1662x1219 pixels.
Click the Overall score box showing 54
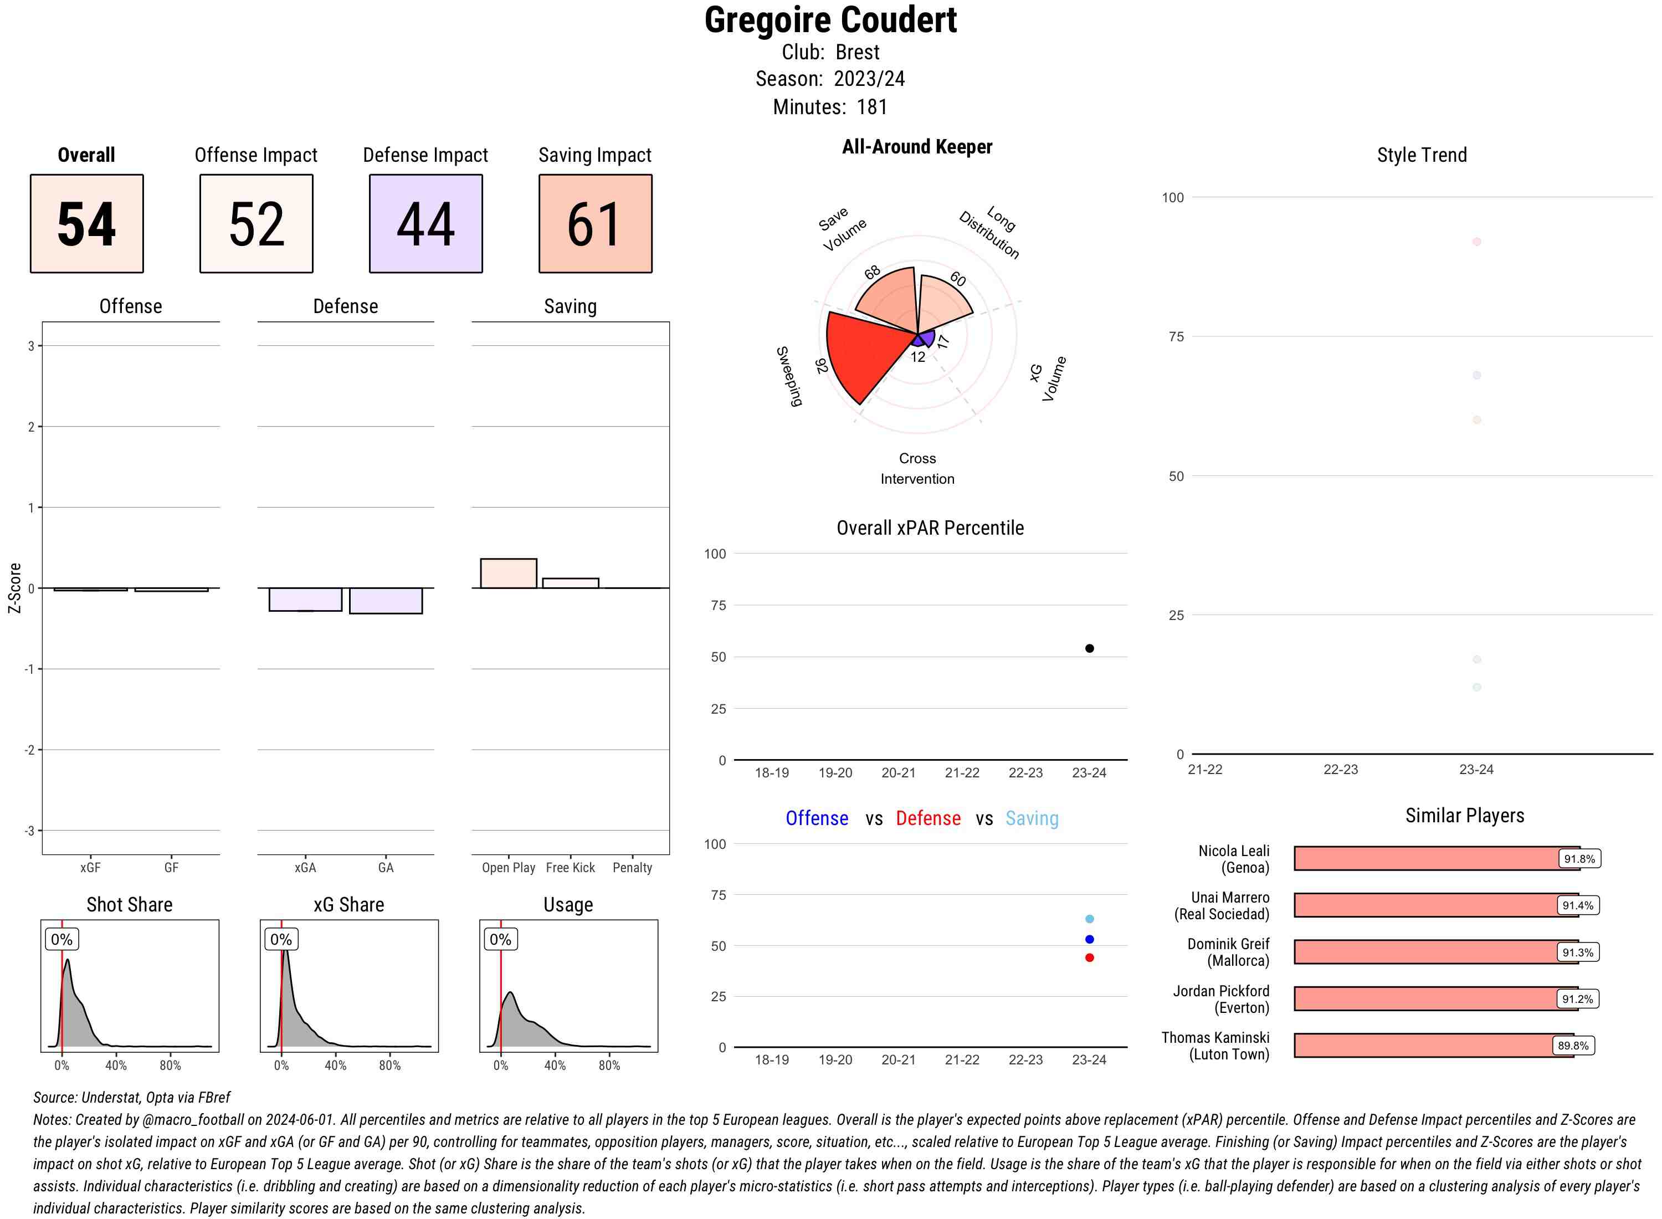click(x=86, y=224)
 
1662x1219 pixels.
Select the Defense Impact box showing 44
click(x=425, y=224)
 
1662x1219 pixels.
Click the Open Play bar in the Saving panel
click(x=508, y=573)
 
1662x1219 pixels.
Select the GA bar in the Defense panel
click(x=386, y=601)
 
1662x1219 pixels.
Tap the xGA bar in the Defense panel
click(x=305, y=599)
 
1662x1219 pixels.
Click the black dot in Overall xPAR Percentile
click(x=1089, y=648)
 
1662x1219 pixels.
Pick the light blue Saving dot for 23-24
click(x=1089, y=919)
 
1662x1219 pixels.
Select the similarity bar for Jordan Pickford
click(x=1435, y=998)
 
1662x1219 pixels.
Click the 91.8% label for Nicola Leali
click(x=1579, y=858)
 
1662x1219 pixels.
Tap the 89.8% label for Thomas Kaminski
click(x=1573, y=1046)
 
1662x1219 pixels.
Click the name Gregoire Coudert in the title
click(x=830, y=20)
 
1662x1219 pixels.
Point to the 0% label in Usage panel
click(x=500, y=939)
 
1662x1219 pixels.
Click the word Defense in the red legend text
click(x=928, y=818)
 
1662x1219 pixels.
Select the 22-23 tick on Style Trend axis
click(x=1340, y=769)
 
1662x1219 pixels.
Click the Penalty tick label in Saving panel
click(x=632, y=868)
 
